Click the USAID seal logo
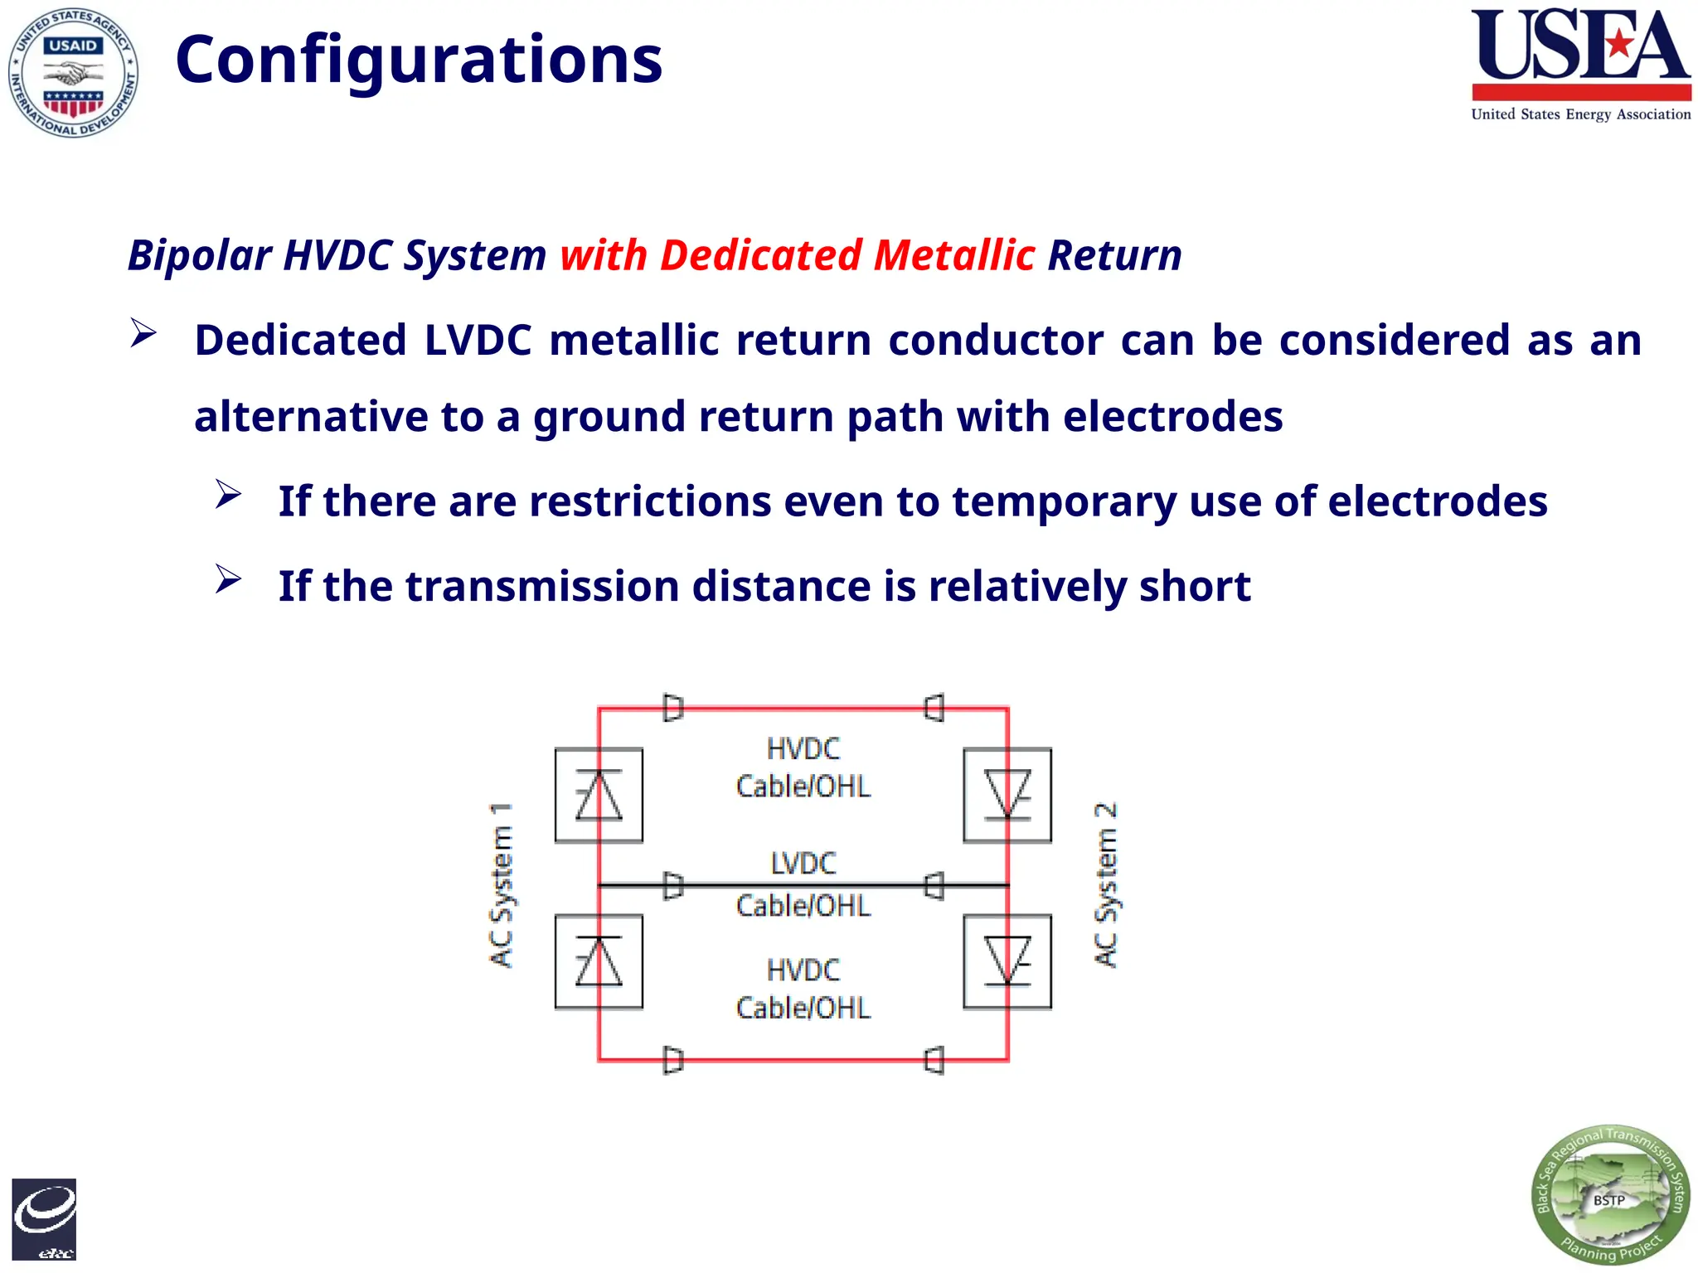point(73,73)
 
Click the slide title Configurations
point(419,60)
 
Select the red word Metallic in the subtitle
point(953,254)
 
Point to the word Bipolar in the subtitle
point(200,254)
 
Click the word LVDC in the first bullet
point(478,341)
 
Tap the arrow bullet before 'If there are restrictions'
point(228,495)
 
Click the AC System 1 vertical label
point(501,884)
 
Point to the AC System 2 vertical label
point(1106,884)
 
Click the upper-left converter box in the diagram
point(599,795)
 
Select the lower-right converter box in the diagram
point(1007,961)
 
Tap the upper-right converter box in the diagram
point(1007,795)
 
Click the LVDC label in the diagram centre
point(803,864)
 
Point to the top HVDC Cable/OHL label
point(803,767)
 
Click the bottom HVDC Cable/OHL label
point(803,989)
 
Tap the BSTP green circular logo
point(1609,1194)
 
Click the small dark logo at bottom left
point(44,1219)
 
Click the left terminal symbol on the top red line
point(673,708)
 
